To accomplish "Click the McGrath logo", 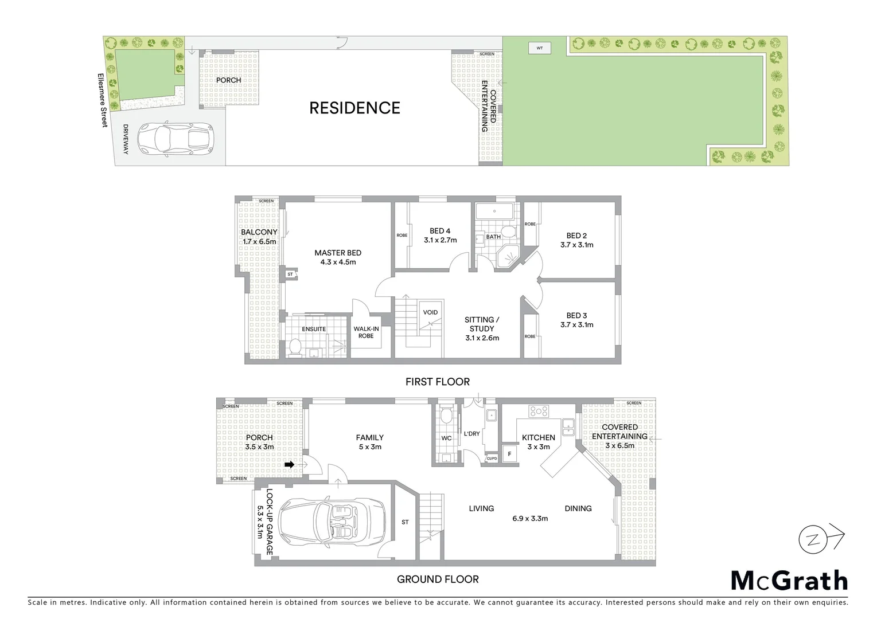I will point(789,581).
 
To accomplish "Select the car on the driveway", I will point(174,139).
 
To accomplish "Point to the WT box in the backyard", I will point(539,48).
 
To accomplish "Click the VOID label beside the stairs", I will point(430,312).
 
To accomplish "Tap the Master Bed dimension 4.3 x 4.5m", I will point(338,262).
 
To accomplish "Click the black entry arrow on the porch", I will point(290,464).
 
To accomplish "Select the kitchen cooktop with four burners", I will point(539,411).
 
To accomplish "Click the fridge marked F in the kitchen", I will point(509,453).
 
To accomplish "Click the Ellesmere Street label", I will point(101,101).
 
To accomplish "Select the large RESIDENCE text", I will point(354,108).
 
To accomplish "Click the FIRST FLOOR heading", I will point(437,382).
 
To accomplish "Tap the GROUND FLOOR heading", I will point(437,579).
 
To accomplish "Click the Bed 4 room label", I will point(440,231).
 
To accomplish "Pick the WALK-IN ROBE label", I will point(366,332).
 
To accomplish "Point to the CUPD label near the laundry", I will point(492,459).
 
